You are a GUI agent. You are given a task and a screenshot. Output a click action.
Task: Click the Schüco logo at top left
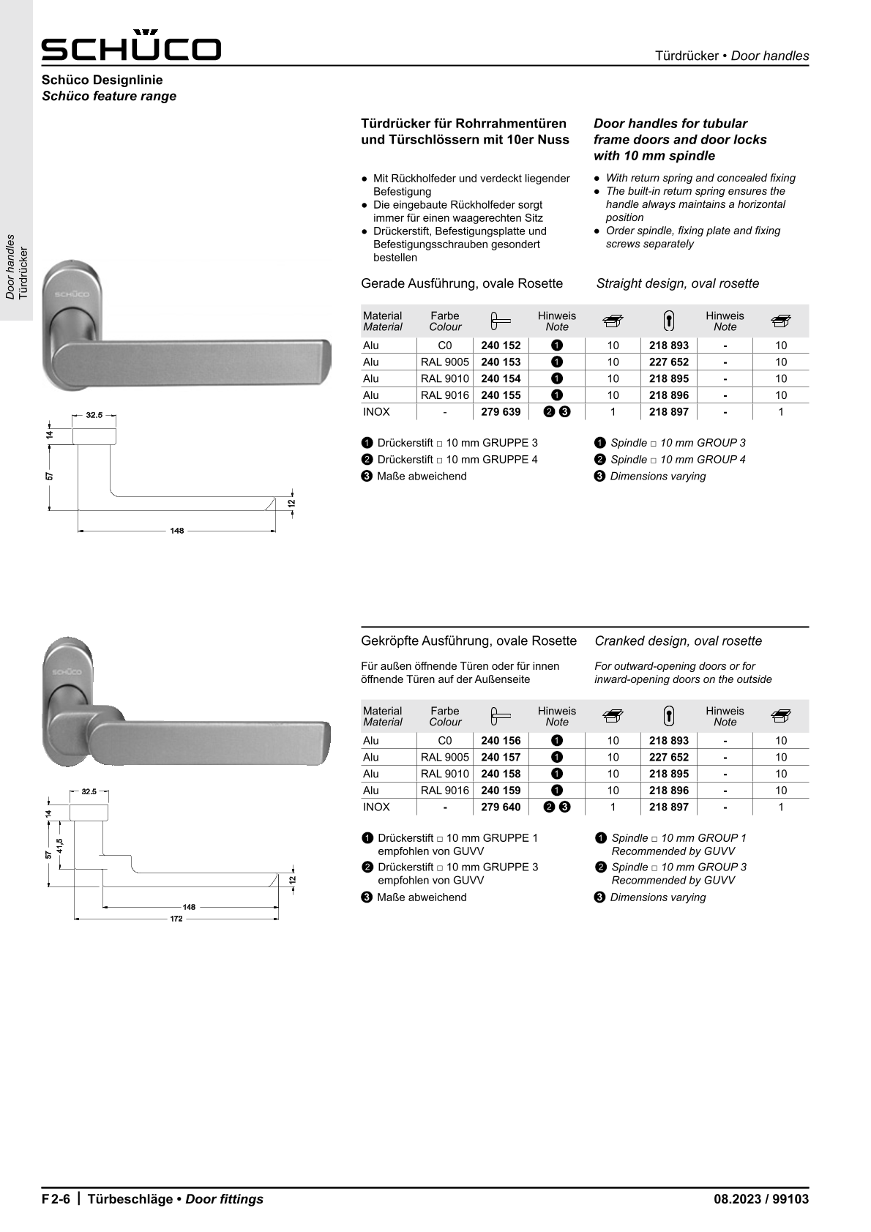(131, 46)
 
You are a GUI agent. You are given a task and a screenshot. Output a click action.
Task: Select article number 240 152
(501, 346)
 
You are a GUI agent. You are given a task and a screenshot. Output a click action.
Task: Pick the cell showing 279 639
(501, 412)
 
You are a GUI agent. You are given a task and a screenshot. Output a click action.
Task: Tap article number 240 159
(501, 791)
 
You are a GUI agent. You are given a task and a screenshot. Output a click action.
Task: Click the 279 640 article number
(501, 807)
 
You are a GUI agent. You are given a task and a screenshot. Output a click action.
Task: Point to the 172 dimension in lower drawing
(176, 919)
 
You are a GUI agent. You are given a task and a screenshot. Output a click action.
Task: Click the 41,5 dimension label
(60, 845)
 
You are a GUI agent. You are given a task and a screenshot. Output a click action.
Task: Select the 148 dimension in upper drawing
(177, 531)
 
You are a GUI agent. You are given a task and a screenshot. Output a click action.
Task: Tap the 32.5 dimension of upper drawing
(94, 415)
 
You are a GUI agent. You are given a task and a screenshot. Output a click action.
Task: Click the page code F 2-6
(56, 1199)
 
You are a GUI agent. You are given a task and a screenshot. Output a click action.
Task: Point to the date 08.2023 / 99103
(761, 1199)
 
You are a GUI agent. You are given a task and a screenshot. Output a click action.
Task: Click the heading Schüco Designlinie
(102, 80)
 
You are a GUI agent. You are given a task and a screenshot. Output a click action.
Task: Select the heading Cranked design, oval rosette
(678, 641)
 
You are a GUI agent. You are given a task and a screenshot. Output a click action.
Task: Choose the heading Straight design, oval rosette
(678, 284)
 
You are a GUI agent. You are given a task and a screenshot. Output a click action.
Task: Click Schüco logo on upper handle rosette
(71, 294)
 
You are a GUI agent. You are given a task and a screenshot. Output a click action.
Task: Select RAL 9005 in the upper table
(444, 362)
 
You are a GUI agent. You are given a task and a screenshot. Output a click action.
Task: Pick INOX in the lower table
(376, 807)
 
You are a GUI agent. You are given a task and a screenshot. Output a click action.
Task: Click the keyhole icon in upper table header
(668, 321)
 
